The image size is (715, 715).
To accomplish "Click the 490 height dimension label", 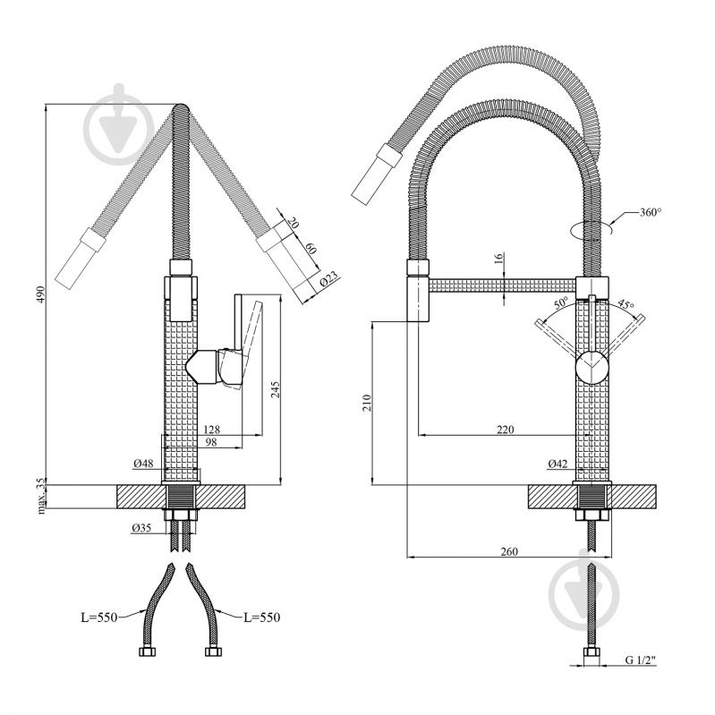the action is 41,295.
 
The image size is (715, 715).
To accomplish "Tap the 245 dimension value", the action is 276,389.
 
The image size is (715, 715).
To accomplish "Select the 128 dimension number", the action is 211,430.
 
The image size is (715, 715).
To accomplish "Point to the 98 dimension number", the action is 211,442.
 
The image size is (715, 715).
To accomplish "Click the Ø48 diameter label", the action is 143,464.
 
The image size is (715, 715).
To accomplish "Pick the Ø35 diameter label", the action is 141,528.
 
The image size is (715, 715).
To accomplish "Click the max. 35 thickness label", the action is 41,496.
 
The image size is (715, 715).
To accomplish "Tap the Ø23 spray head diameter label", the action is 329,278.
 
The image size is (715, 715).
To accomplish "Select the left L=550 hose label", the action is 99,617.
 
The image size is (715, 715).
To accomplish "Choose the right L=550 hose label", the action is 261,617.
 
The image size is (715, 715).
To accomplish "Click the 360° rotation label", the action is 651,212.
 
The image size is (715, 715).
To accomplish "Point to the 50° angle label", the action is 561,302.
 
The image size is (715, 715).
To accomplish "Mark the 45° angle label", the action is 626,303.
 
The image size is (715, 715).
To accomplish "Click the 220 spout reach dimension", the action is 506,430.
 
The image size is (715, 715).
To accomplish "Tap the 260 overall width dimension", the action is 509,551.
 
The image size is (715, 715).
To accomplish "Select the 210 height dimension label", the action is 367,403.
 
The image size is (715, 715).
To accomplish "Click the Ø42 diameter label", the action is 558,464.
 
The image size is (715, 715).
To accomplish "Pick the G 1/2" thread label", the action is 640,660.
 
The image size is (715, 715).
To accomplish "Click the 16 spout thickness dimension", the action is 498,258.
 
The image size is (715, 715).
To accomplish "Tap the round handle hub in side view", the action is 592,368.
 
